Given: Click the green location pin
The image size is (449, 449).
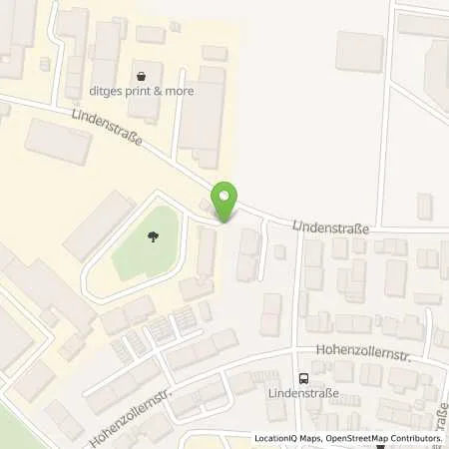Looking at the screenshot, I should (x=225, y=200).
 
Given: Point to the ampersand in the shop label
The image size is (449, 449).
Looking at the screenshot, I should (x=168, y=91).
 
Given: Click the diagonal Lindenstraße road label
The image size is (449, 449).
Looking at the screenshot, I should (x=107, y=130).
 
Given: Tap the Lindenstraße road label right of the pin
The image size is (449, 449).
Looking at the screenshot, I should (x=331, y=228).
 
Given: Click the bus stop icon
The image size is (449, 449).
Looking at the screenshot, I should (x=302, y=378).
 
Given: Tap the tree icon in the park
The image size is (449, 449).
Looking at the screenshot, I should (x=152, y=237).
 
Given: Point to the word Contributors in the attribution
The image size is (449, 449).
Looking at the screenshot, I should (x=416, y=438).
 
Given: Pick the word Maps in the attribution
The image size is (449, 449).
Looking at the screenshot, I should (x=312, y=438).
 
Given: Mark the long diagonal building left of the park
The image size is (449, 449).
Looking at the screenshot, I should (x=99, y=224).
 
